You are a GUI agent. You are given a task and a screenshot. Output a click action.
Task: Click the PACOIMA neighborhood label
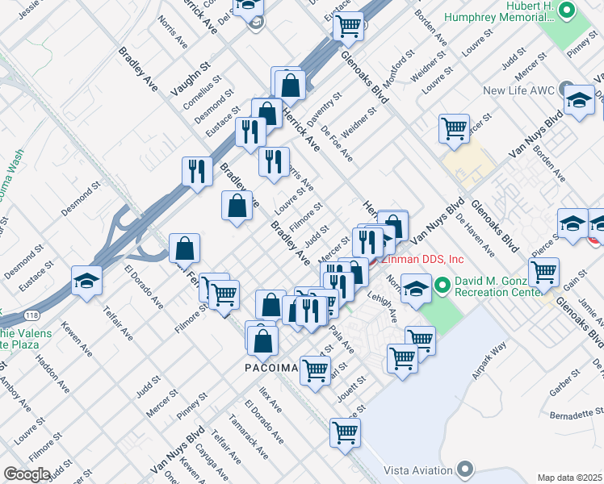click(x=271, y=367)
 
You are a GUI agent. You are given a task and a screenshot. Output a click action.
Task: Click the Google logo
click(x=27, y=474)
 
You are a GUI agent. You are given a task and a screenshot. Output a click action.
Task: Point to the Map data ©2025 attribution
click(x=568, y=478)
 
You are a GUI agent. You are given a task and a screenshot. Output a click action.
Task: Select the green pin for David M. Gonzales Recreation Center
click(x=443, y=285)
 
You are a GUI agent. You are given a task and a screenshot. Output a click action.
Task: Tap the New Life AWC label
click(x=520, y=90)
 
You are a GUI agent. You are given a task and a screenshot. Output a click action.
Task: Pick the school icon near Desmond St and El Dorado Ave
click(x=86, y=280)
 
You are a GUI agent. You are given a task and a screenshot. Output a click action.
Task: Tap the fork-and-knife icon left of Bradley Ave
click(x=197, y=171)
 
